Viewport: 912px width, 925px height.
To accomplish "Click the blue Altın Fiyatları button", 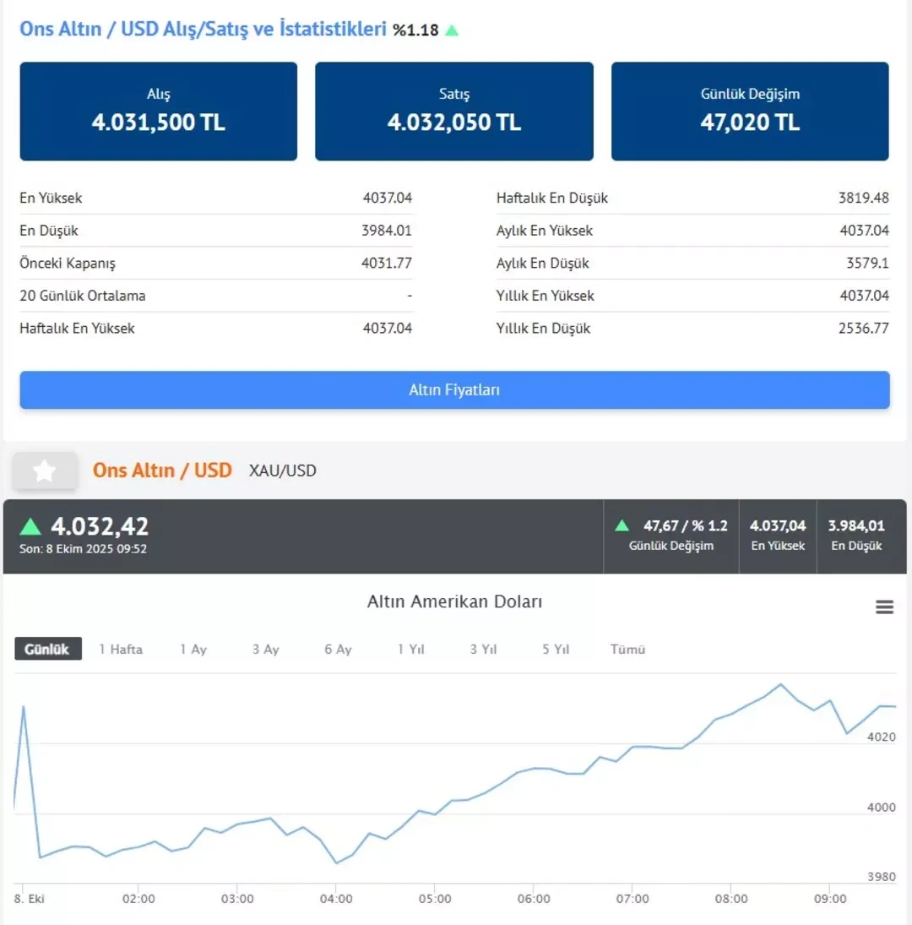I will (x=454, y=389).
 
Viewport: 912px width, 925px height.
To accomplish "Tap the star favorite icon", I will (x=44, y=471).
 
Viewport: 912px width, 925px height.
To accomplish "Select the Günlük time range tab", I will (x=47, y=649).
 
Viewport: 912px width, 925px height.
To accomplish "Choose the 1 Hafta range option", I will (x=121, y=649).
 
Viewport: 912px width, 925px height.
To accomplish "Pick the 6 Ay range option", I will (x=338, y=649).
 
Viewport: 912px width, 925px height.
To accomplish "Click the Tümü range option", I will (x=627, y=649).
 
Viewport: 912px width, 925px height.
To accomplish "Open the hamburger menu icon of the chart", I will (x=884, y=607).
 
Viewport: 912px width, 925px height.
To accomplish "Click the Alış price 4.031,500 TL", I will (x=159, y=122).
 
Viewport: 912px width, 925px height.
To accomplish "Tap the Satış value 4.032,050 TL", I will (x=454, y=122).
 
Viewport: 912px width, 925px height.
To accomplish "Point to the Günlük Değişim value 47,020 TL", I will (x=750, y=122).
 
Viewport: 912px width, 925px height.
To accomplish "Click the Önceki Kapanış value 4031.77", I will (x=387, y=263).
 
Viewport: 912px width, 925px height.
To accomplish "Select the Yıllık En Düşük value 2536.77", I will (x=864, y=328).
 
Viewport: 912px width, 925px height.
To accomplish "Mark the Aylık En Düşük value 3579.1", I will (x=867, y=263).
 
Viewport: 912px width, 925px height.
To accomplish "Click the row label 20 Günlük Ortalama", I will (x=83, y=296).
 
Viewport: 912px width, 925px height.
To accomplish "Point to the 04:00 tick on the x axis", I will (x=336, y=899).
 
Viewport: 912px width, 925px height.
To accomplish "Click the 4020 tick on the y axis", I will (x=882, y=737).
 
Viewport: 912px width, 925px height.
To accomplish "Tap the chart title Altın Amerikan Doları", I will (x=454, y=601).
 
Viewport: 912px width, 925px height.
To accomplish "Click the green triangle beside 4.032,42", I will (x=30, y=527).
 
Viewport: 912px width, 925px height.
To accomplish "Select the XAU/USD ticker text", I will (x=283, y=471).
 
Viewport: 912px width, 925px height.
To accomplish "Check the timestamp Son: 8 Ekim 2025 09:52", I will (x=83, y=548).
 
